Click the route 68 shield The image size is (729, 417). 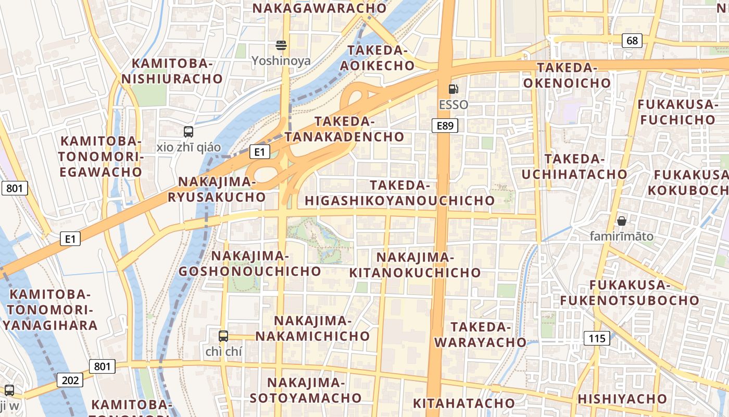[632, 40]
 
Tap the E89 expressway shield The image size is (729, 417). [445, 126]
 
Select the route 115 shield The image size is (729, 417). [597, 338]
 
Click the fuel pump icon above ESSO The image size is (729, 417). [453, 89]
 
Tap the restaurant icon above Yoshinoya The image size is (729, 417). [281, 45]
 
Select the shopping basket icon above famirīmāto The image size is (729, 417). [621, 221]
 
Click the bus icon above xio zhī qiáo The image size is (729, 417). [188, 132]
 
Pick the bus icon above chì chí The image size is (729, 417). [223, 336]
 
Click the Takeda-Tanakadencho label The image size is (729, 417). [345, 129]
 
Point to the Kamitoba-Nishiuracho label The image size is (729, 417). [172, 71]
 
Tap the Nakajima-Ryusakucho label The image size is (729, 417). [217, 189]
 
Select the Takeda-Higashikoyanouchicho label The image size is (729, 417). [399, 193]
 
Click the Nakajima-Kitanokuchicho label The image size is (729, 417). [415, 265]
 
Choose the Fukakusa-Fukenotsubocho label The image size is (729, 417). [629, 292]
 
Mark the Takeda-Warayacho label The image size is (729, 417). [481, 334]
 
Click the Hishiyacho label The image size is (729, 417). [622, 399]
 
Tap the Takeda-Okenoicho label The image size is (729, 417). [567, 75]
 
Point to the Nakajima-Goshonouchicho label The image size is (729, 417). [250, 263]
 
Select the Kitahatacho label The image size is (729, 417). [463, 403]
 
